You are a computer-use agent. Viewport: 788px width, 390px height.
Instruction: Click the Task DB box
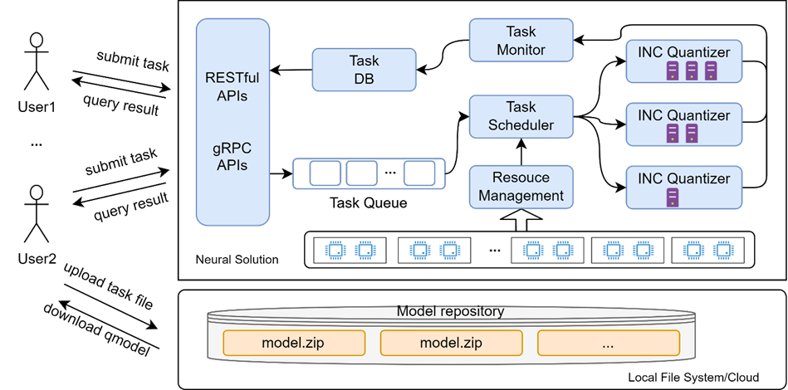(x=364, y=70)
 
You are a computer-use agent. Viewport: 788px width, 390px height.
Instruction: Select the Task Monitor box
(x=521, y=41)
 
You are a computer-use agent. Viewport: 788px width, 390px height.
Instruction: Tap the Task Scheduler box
(x=521, y=116)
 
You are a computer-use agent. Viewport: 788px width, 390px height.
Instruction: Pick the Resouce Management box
(x=521, y=187)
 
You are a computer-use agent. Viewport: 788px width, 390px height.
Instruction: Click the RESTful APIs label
(x=232, y=86)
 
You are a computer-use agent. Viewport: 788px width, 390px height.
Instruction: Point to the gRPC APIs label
(x=232, y=156)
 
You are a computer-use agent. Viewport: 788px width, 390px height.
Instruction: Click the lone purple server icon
(x=672, y=197)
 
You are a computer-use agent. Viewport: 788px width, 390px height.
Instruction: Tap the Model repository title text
(x=450, y=312)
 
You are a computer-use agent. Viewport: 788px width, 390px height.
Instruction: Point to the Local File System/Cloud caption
(x=693, y=378)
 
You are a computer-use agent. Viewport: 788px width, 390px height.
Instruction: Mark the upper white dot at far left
(x=36, y=40)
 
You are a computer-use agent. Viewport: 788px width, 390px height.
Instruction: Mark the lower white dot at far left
(x=36, y=193)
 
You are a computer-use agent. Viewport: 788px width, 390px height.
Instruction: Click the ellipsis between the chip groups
(x=495, y=249)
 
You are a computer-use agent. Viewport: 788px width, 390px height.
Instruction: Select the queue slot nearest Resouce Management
(x=419, y=173)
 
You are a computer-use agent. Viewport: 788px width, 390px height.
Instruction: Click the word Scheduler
(x=521, y=125)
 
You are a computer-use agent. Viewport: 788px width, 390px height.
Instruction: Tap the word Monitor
(x=521, y=50)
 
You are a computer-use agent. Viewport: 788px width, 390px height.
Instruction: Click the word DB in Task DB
(x=364, y=79)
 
